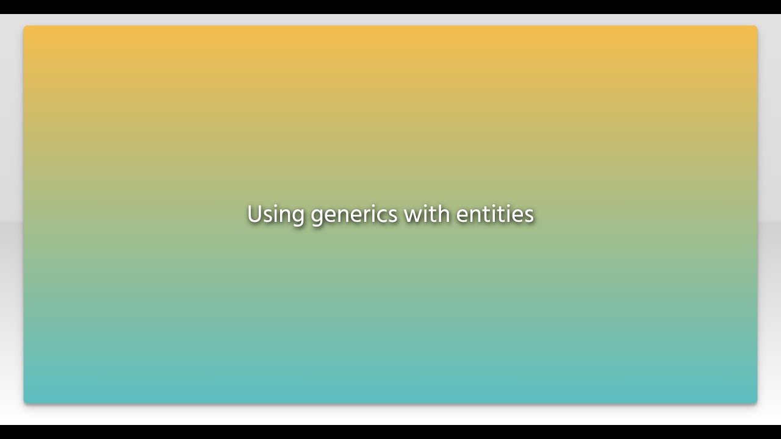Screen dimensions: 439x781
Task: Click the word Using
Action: (275, 215)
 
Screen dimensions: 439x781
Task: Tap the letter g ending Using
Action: (297, 217)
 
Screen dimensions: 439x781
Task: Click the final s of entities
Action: (529, 216)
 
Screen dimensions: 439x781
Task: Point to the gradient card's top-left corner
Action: (25, 27)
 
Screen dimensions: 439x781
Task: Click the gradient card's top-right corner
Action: (756, 27)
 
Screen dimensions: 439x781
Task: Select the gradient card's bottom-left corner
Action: (25, 402)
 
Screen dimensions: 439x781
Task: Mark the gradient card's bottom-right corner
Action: (756, 402)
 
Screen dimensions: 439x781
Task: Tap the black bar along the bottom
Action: (390, 432)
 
